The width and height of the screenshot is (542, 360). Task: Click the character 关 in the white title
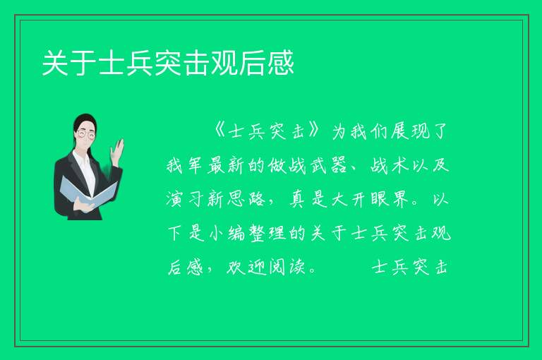[x=54, y=63]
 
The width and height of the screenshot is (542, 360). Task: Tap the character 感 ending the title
[x=281, y=63]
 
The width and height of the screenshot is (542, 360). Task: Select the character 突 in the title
[x=168, y=63]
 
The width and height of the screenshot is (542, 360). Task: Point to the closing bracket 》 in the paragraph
[x=313, y=131]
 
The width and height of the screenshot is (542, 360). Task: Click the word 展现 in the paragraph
[x=411, y=131]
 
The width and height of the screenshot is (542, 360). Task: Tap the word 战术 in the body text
[x=390, y=166]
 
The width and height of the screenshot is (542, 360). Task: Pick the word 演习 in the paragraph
[x=184, y=200]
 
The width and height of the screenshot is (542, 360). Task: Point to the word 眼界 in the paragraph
[x=390, y=200]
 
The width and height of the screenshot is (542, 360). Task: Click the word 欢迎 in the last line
[x=246, y=268]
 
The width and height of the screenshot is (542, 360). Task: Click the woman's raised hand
[x=117, y=150]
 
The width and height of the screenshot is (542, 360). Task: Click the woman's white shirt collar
[x=82, y=158]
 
